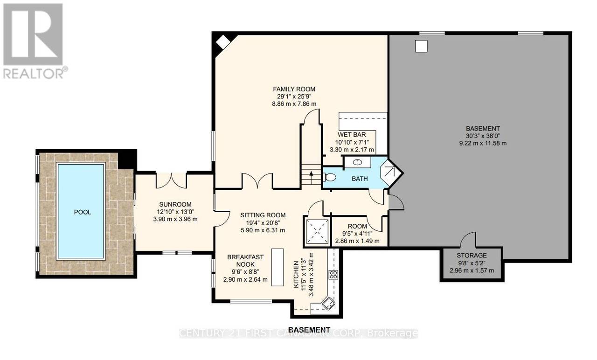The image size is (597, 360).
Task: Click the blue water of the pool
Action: pyautogui.click(x=81, y=211)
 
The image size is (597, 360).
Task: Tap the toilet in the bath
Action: pyautogui.click(x=329, y=177)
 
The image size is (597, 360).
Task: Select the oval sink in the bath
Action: pyautogui.click(x=357, y=162)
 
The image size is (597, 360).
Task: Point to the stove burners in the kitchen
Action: pyautogui.click(x=333, y=274)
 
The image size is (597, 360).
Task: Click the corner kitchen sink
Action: pyautogui.click(x=328, y=304)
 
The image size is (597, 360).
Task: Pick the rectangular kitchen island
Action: pyautogui.click(x=277, y=267)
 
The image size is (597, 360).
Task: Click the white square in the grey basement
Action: pyautogui.click(x=421, y=46)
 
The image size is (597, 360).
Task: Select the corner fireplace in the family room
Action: pyautogui.click(x=223, y=42)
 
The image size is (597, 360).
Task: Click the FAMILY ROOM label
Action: pyautogui.click(x=294, y=89)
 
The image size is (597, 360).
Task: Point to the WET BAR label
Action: pyautogui.click(x=352, y=135)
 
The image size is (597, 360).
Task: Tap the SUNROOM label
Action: pyautogui.click(x=175, y=204)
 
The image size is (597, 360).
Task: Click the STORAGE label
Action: pyautogui.click(x=472, y=255)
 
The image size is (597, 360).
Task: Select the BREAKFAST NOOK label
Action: pyautogui.click(x=245, y=261)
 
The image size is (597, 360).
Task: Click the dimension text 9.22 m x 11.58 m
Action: pyautogui.click(x=483, y=143)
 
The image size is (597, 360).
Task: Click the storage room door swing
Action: pyautogui.click(x=468, y=240)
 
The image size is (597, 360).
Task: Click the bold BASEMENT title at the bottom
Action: pyautogui.click(x=309, y=330)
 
